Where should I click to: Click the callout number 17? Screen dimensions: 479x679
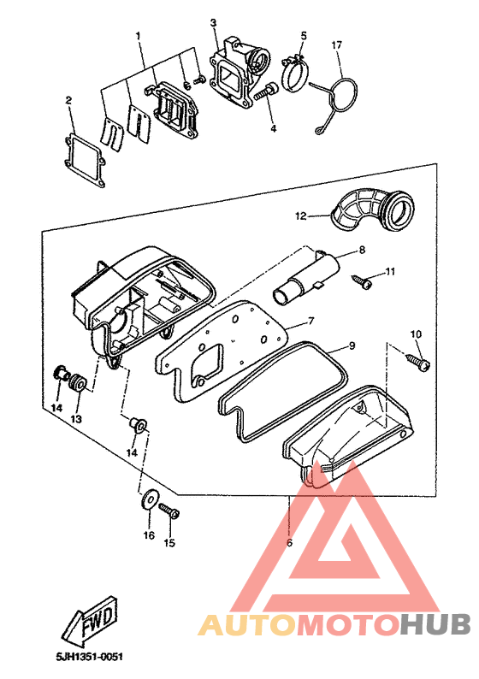pos(336,45)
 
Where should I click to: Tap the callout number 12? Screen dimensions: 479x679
pos(300,216)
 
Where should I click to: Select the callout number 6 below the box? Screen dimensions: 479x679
pos(289,542)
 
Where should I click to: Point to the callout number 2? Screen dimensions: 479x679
pos(68,100)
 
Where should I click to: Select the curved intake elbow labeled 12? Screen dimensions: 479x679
pos(372,209)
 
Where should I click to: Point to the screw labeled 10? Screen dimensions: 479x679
pos(418,362)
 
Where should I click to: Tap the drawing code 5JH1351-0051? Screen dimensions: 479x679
pos(89,657)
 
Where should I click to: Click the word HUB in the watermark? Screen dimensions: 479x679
pos(435,625)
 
